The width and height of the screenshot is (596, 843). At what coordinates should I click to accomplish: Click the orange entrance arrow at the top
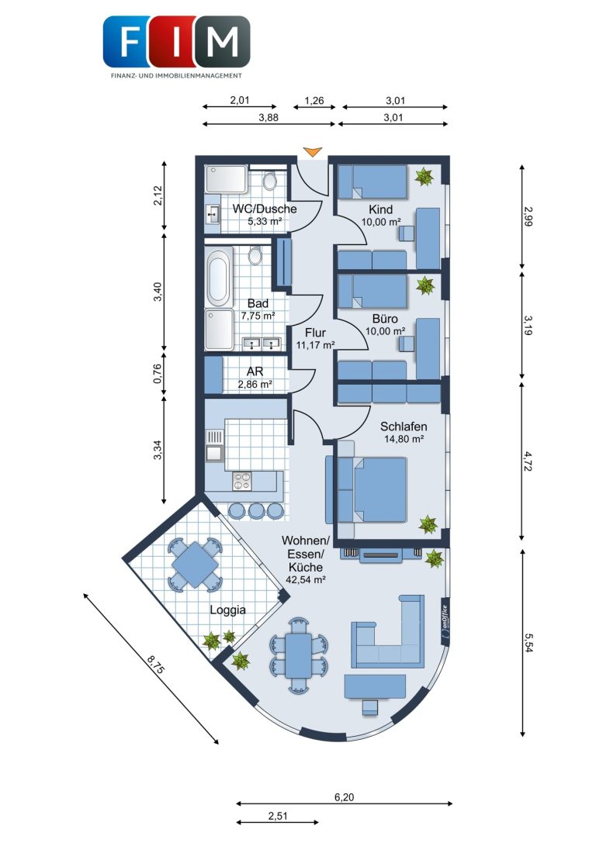tap(312, 152)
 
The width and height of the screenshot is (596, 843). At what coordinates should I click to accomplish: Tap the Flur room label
tap(315, 333)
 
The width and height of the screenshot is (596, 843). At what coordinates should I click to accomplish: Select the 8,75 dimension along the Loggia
tap(155, 663)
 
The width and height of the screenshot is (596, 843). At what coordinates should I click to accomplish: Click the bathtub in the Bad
tap(218, 276)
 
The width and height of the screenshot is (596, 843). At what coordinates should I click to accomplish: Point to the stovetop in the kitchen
tap(241, 480)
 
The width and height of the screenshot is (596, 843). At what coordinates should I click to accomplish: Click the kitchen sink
tap(214, 445)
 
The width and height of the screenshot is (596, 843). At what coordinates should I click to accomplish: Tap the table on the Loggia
tap(195, 565)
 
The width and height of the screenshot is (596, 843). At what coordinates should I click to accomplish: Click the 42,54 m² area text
tap(306, 579)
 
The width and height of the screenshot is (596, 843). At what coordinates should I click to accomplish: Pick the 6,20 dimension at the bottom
tap(345, 797)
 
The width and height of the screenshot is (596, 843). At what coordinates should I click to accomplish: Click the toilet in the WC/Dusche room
tap(269, 180)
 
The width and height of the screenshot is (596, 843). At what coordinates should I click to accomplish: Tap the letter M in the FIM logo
tap(222, 41)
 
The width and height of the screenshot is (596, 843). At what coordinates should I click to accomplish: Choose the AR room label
tap(255, 371)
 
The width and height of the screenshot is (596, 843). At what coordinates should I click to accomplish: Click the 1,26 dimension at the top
tap(314, 101)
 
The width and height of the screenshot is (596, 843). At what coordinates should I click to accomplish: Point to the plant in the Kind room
tap(424, 176)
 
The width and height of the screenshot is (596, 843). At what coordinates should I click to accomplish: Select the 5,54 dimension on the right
tap(528, 642)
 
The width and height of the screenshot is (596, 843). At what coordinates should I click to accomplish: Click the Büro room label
tap(385, 319)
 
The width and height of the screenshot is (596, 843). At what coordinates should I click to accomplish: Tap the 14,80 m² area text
tap(404, 439)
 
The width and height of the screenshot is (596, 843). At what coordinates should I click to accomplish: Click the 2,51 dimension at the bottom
tap(278, 816)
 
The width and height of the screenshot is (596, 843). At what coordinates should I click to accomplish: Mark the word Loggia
tap(227, 610)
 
